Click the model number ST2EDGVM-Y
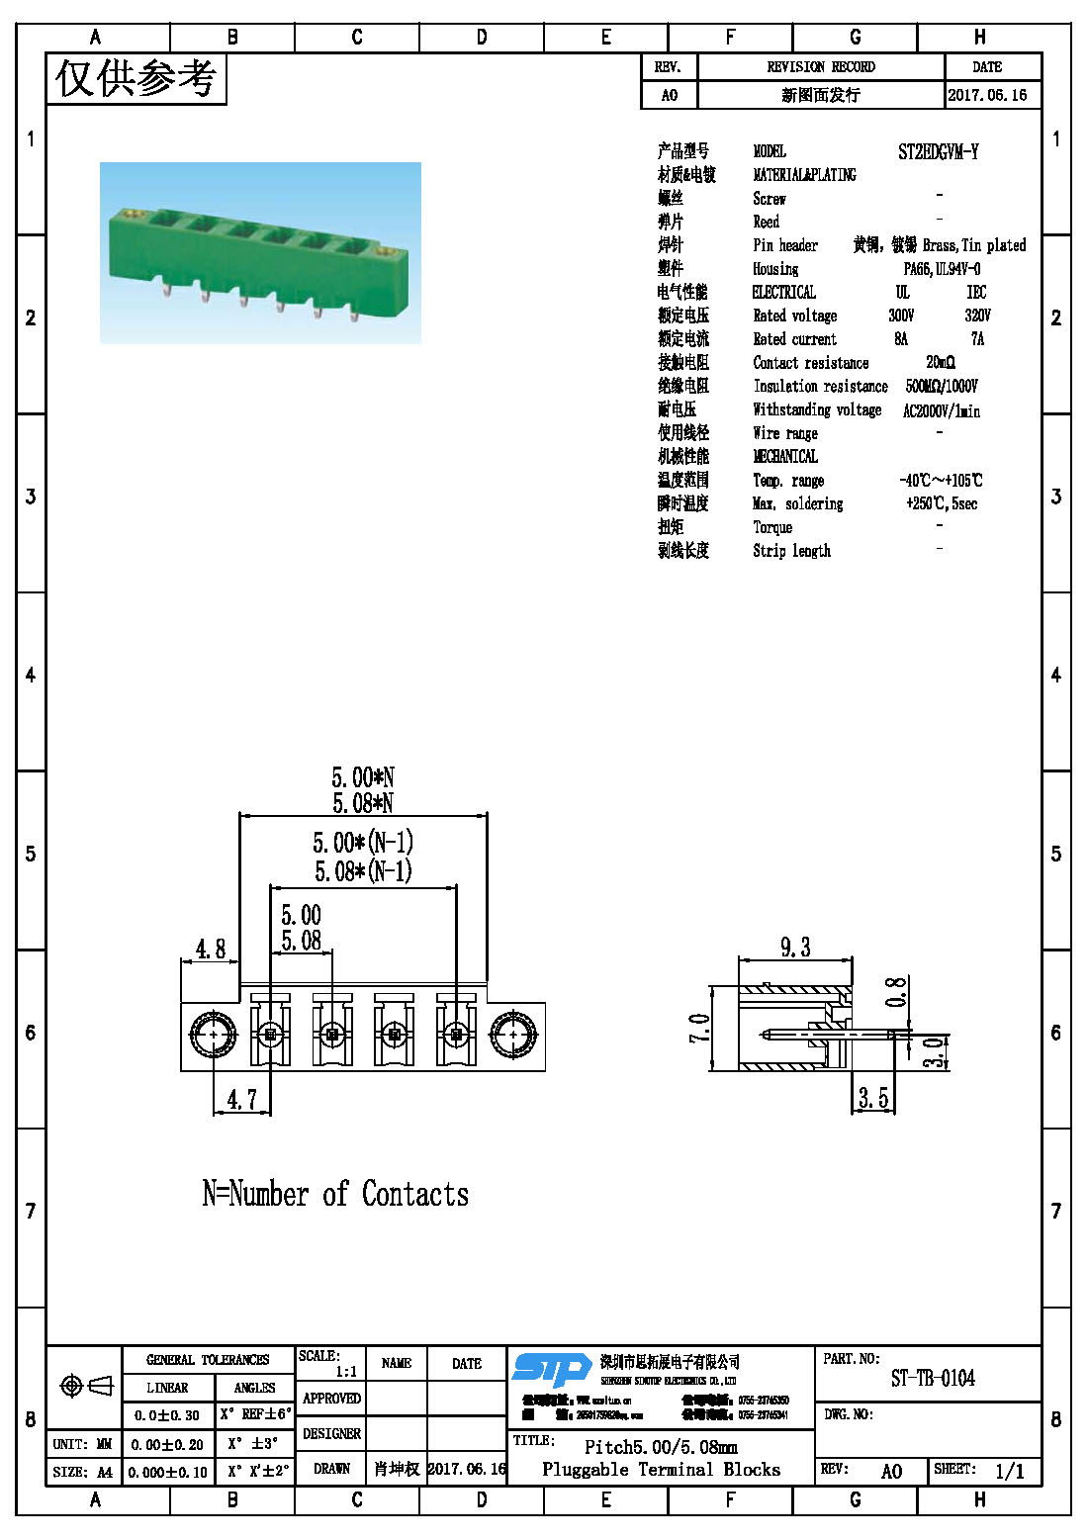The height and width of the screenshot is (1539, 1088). (x=938, y=152)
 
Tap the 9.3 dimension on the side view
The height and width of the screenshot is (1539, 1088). (x=795, y=948)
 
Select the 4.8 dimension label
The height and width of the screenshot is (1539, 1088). (x=210, y=950)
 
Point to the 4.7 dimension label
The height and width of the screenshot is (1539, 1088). (x=241, y=1100)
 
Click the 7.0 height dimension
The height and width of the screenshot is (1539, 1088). (x=699, y=1028)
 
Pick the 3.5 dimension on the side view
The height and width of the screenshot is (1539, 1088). (x=872, y=1098)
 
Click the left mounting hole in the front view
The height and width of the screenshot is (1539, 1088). (x=213, y=1036)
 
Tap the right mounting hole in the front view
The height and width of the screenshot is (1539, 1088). (x=513, y=1036)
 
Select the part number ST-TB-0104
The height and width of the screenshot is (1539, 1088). (x=932, y=1379)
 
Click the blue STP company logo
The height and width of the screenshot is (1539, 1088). (x=552, y=1369)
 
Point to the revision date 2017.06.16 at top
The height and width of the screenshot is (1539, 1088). (x=987, y=95)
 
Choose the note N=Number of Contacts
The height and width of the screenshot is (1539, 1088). (x=335, y=1195)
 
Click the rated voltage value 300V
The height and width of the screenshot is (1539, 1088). (x=901, y=316)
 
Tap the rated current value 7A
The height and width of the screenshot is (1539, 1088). (x=977, y=339)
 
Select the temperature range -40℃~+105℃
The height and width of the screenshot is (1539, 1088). (x=941, y=481)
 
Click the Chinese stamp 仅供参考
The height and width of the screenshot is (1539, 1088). (x=136, y=78)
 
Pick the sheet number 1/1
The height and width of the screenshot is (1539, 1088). (x=1009, y=1472)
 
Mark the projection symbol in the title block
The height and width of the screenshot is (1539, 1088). (x=86, y=1386)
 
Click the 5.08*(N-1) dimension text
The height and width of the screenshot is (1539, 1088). (x=363, y=871)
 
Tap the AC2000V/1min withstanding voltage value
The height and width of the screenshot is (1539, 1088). (x=941, y=410)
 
